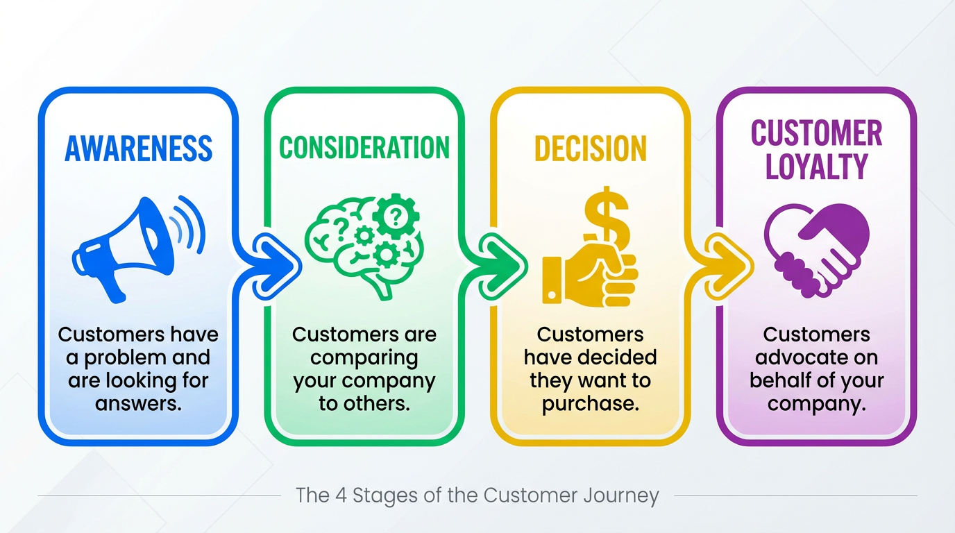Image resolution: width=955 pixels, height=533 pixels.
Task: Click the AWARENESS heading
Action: tap(138, 149)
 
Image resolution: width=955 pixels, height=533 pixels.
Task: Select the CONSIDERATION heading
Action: tap(364, 148)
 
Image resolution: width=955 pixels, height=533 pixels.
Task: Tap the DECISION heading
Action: tap(590, 149)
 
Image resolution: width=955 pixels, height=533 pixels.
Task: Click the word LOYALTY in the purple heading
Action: tap(817, 167)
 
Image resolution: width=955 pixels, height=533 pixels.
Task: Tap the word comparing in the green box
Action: tap(364, 358)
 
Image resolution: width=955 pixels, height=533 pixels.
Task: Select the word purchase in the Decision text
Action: tap(590, 404)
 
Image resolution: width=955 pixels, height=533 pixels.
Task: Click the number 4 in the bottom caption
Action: tap(342, 496)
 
